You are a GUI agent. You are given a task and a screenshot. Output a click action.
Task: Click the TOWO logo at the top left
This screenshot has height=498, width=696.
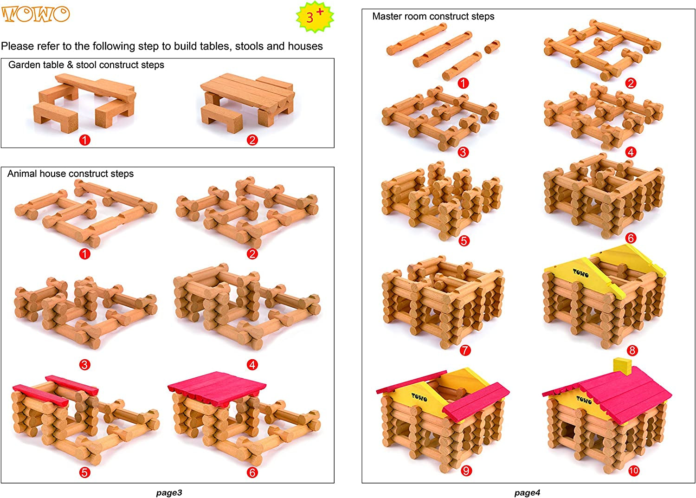[36, 14]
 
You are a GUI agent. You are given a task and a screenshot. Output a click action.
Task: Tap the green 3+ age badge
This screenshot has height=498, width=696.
[315, 17]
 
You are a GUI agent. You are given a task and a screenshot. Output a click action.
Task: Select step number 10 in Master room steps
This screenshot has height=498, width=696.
[633, 471]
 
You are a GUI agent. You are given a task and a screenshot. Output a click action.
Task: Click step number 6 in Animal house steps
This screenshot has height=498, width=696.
[252, 472]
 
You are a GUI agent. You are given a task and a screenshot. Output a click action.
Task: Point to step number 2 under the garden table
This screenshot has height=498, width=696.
[252, 140]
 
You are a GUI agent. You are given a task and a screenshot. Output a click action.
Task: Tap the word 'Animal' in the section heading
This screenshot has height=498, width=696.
[22, 174]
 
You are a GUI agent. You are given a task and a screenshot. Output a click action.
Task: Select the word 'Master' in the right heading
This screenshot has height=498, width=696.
[387, 17]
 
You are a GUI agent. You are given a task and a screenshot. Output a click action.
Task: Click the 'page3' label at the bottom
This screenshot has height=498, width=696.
[169, 493]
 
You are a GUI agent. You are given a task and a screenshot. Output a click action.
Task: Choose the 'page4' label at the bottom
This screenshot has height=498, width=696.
[527, 493]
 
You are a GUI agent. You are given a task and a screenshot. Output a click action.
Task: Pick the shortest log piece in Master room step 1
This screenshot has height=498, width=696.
[492, 46]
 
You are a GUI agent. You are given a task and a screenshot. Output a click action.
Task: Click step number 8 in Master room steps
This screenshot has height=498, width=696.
[632, 350]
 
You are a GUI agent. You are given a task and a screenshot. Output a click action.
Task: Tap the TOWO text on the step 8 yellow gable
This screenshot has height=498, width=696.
[580, 273]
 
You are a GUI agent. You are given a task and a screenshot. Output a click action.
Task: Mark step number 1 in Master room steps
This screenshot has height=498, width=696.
[463, 83]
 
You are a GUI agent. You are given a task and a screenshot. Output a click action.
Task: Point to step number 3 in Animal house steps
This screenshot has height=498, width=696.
[84, 365]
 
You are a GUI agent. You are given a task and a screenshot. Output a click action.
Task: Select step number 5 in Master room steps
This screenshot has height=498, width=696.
[464, 241]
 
